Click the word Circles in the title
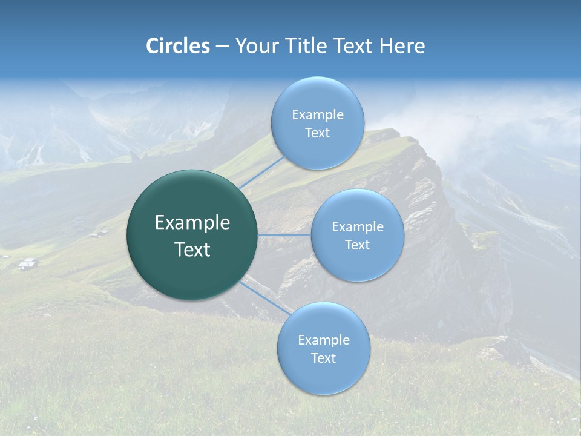[178, 46]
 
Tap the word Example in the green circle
[192, 223]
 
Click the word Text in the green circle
[192, 249]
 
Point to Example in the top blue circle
[318, 115]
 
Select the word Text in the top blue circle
[317, 133]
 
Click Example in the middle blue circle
[358, 227]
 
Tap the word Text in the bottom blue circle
[323, 358]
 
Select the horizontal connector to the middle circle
[284, 235]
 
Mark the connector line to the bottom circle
[266, 297]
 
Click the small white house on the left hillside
[27, 263]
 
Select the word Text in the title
[353, 46]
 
